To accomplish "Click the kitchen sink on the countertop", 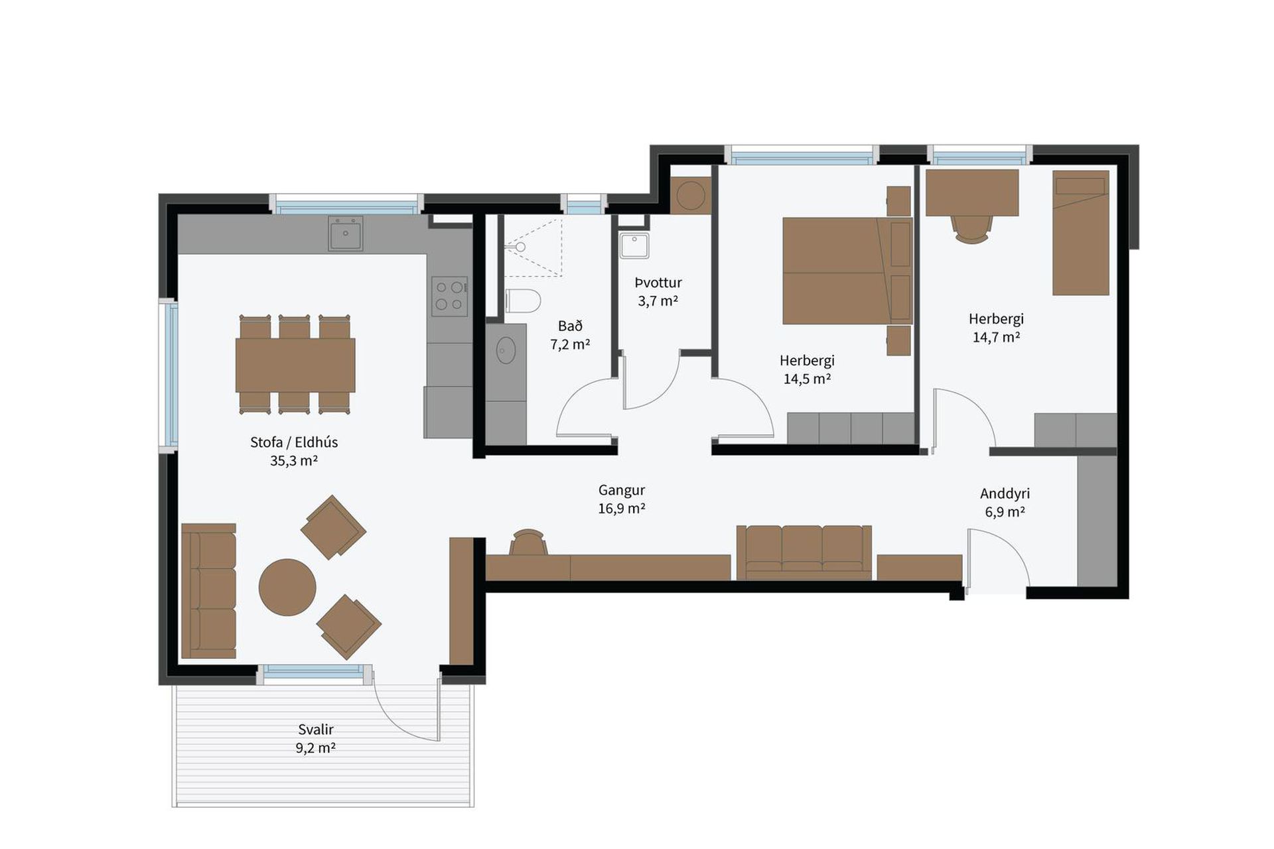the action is [346, 233].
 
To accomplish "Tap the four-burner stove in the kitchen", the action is [449, 296].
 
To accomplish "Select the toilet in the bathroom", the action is [523, 300].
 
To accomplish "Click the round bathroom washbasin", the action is [506, 350].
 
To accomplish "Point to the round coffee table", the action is [287, 588].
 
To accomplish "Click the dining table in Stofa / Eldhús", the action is [295, 365].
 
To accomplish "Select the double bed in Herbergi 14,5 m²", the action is [847, 271].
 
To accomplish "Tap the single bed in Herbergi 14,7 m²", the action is [1080, 233].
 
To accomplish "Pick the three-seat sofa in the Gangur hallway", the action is [804, 553].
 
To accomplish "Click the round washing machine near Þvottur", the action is [691, 196].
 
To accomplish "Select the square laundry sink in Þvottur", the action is [634, 245].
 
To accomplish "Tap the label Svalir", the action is [316, 730].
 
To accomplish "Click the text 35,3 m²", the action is [294, 460].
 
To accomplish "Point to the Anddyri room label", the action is [1005, 493].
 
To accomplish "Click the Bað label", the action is [570, 326].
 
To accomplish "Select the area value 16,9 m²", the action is [622, 508].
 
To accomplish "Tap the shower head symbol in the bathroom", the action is [517, 247].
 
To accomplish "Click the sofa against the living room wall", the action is [208, 591].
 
